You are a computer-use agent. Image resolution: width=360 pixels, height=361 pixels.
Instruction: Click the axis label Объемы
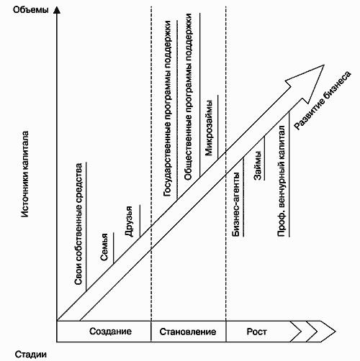click(x=30, y=10)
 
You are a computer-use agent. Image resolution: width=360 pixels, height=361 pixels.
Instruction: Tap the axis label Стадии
click(x=31, y=355)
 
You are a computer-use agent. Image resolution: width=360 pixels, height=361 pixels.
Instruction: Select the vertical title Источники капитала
click(x=25, y=174)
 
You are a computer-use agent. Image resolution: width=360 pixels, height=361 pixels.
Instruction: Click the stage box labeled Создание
click(x=104, y=332)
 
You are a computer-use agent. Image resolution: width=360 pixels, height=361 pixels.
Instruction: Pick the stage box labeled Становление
click(x=189, y=332)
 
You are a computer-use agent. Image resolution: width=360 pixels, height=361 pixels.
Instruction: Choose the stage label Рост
click(x=256, y=332)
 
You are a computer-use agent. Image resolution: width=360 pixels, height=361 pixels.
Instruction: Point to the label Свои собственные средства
click(x=78, y=224)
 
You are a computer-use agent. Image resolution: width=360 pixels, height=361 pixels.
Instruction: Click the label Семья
click(x=104, y=247)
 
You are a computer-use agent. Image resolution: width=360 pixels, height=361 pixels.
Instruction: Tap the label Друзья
click(x=129, y=221)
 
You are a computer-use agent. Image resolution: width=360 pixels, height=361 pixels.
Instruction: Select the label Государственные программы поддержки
click(x=167, y=109)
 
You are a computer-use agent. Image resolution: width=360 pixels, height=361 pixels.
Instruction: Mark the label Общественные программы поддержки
click(x=188, y=96)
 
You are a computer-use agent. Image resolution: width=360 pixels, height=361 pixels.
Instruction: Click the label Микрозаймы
click(x=209, y=128)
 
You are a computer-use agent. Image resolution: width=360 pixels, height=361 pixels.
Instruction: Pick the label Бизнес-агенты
click(x=236, y=204)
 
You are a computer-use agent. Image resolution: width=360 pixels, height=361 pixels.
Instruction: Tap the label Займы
click(x=258, y=165)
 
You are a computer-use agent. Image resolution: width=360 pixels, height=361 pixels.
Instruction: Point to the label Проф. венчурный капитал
click(x=282, y=181)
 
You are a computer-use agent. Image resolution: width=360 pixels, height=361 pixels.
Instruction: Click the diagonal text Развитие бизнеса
click(x=323, y=101)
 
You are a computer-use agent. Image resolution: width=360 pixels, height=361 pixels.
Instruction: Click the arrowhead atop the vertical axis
click(x=57, y=9)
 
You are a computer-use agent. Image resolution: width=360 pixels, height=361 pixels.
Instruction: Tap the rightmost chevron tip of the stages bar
click(x=336, y=332)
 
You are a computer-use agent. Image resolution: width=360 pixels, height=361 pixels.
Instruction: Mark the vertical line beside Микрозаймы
click(x=218, y=127)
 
